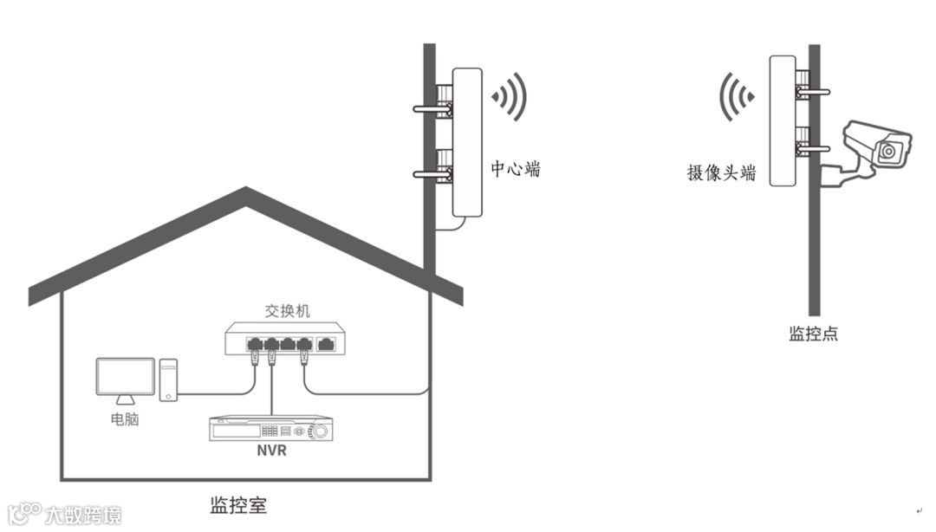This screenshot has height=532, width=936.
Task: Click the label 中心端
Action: pyautogui.click(x=516, y=169)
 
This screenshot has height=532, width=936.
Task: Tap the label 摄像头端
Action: pyautogui.click(x=721, y=172)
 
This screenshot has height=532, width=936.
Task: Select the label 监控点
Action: pyautogui.click(x=813, y=334)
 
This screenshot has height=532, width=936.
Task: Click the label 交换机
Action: pyautogui.click(x=288, y=310)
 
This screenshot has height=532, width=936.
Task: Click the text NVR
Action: pyautogui.click(x=271, y=451)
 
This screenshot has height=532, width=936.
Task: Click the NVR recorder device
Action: pyautogui.click(x=271, y=430)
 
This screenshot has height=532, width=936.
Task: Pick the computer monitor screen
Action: pyautogui.click(x=126, y=379)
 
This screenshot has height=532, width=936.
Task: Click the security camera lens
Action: pyautogui.click(x=887, y=152)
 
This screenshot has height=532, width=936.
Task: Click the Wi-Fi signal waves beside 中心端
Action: pyautogui.click(x=511, y=96)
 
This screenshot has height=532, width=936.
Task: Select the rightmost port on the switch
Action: pyautogui.click(x=328, y=344)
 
